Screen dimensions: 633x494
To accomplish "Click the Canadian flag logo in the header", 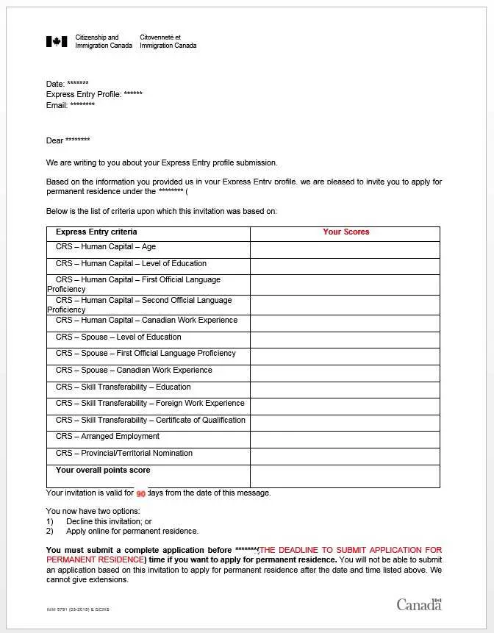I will tap(57, 42).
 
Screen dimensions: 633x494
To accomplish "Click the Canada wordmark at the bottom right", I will tap(419, 604).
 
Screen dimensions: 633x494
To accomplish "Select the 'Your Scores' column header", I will tap(346, 232).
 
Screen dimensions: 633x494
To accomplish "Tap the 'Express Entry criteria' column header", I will tap(96, 232).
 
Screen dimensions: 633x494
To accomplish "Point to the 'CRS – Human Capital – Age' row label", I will tap(106, 247).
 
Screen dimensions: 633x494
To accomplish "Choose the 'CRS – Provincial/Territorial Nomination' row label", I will tap(124, 454).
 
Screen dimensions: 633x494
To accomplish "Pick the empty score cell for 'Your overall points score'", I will tap(345, 476).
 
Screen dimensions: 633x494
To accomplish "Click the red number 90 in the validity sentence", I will tap(141, 494).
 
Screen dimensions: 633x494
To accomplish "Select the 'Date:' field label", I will tap(55, 85).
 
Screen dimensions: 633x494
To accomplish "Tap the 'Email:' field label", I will tap(57, 105).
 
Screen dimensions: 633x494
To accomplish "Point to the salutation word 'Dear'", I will tap(55, 140).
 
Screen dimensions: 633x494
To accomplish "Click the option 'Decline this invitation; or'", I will tap(109, 521).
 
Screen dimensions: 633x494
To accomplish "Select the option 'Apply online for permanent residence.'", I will tap(132, 531).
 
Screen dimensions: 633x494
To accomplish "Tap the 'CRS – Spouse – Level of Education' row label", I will tap(118, 337).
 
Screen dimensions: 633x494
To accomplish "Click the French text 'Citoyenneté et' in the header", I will tap(160, 37).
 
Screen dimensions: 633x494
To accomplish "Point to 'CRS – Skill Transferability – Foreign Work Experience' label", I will tap(150, 404).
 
